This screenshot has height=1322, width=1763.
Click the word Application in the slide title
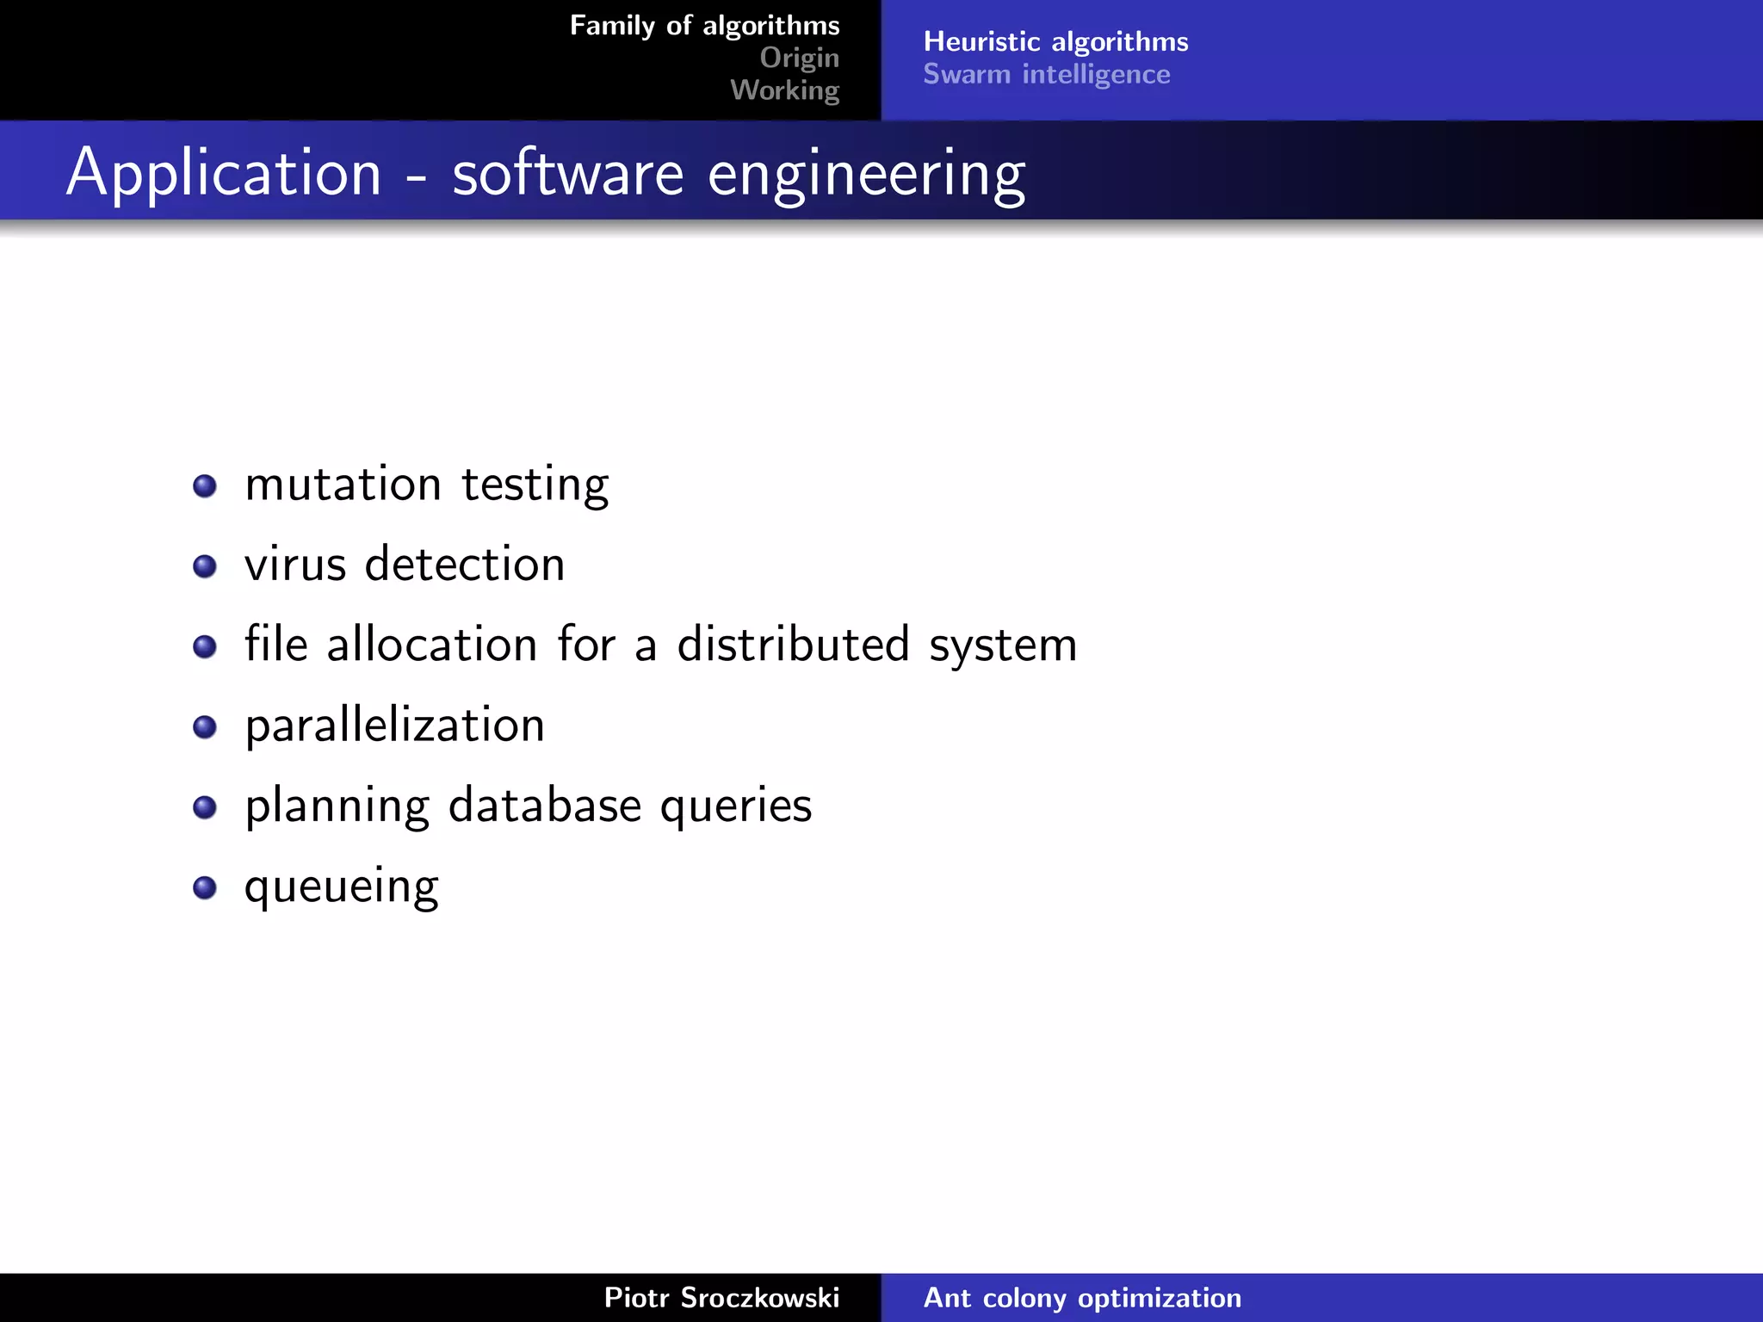click(x=224, y=173)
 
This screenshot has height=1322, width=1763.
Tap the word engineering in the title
click(x=866, y=175)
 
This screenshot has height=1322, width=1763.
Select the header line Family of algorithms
click(x=704, y=26)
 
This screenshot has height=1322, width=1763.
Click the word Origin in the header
click(x=799, y=58)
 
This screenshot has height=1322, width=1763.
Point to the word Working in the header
click(x=784, y=90)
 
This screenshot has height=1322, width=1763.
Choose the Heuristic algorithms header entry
click(x=1055, y=41)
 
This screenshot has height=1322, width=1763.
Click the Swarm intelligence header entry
click(x=1046, y=74)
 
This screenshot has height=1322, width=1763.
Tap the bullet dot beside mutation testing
click(x=205, y=486)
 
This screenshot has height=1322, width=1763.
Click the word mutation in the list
click(x=343, y=484)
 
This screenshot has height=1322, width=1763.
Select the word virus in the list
click(x=295, y=565)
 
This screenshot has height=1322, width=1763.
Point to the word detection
click(x=465, y=565)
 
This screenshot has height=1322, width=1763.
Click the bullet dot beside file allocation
click(x=205, y=646)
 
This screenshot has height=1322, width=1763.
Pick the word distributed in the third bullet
click(x=793, y=645)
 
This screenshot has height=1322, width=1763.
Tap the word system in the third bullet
click(x=1003, y=647)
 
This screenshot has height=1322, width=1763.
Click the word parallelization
click(x=394, y=726)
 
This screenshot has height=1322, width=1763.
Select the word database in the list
click(x=545, y=806)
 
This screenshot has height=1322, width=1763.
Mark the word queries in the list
click(x=736, y=807)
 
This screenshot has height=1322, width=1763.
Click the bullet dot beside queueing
click(x=205, y=887)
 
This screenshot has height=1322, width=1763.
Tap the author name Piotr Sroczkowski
click(x=721, y=1297)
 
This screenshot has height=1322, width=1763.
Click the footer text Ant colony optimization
click(x=1082, y=1297)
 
